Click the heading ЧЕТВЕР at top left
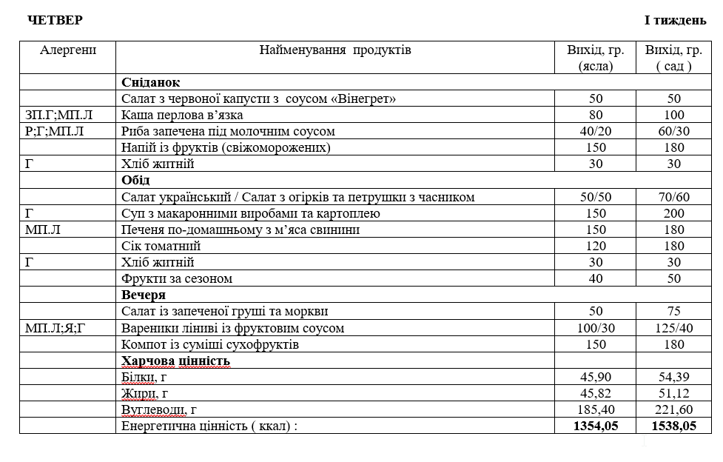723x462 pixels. coord(55,20)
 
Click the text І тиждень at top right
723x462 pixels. coord(675,20)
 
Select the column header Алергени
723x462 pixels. coord(68,50)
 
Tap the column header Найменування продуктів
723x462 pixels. coord(335,50)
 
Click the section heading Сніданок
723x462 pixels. coord(151,82)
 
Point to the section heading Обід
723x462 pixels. coord(136,180)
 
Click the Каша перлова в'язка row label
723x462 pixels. coord(183,115)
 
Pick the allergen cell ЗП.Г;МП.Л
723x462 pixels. coord(60,115)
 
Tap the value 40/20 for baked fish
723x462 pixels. coord(596,131)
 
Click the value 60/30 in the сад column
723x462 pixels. coord(673,131)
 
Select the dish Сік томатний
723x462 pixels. coord(161,246)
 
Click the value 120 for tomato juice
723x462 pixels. coord(596,246)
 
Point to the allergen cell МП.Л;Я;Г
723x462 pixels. coord(56,327)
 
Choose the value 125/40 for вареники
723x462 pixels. coord(673,327)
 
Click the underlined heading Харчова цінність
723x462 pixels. coord(176,361)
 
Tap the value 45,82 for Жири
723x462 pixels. coord(596,393)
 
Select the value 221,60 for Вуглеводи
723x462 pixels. coord(673,409)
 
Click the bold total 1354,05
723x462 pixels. coord(596,426)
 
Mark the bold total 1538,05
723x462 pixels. coord(673,426)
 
